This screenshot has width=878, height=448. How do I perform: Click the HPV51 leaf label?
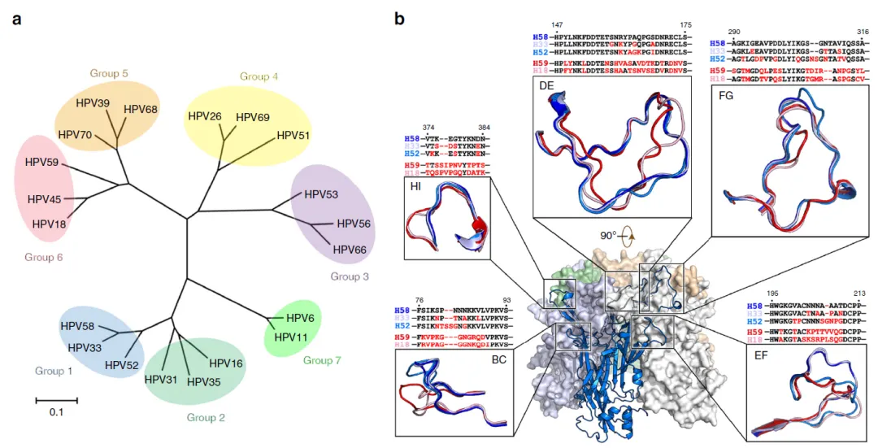pos(293,137)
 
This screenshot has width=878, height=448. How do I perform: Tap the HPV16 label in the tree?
pos(226,363)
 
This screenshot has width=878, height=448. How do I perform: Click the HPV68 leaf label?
pos(141,109)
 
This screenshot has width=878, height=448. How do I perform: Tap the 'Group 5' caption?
pos(109,74)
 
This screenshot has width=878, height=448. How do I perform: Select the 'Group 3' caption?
pos(350,276)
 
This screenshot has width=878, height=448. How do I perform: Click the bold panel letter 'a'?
pos(16,18)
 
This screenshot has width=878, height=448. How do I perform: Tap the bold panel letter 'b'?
pos(399,17)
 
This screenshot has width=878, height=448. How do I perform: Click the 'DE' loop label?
pos(545,84)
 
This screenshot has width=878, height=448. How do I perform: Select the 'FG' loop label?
pos(726,96)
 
